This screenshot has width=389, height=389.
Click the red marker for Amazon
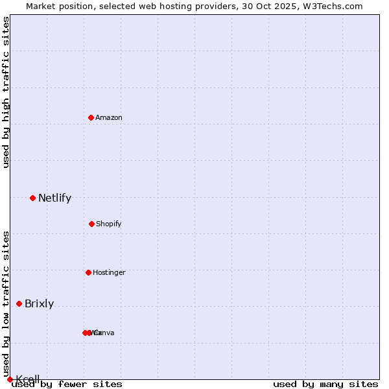[x=91, y=117]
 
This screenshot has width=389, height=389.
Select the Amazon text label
[x=109, y=117]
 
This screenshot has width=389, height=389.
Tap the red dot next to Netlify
[x=32, y=198]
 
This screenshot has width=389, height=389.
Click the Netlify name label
[x=54, y=198]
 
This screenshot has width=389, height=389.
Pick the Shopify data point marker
[x=91, y=224]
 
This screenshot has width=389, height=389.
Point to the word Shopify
[x=109, y=224]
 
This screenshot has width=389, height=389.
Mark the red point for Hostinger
[x=88, y=272]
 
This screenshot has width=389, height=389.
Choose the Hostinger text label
[x=109, y=272]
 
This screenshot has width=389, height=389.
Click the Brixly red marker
[x=19, y=303]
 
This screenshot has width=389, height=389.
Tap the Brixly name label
[x=39, y=303]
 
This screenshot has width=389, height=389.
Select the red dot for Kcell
[x=10, y=379]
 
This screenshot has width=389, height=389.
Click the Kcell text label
[x=28, y=379]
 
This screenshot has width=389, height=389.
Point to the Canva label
[x=105, y=333]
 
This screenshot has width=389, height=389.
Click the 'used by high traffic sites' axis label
[x=6, y=92]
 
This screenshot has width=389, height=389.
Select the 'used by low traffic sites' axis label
[x=6, y=305]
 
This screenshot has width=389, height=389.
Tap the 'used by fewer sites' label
[x=67, y=384]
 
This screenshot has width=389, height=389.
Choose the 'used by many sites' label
[x=325, y=384]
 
